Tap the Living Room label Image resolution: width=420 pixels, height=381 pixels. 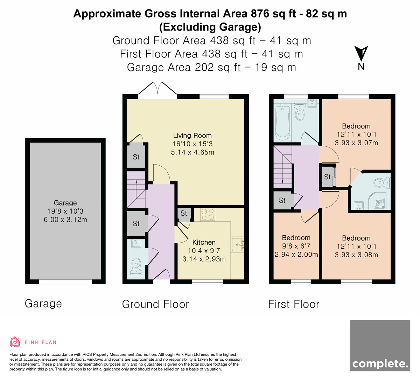click(x=192, y=136)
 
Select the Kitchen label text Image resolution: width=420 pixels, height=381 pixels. click(x=204, y=242)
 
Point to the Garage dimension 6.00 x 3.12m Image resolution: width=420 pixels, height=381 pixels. click(x=65, y=220)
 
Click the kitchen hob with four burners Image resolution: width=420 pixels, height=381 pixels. click(x=208, y=214)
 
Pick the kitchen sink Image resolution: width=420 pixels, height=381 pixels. click(x=238, y=244)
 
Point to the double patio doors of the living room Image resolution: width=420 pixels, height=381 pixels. click(x=157, y=89)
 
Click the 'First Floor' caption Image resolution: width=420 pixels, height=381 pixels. click(x=294, y=304)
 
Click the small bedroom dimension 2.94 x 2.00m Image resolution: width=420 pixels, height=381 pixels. click(x=296, y=255)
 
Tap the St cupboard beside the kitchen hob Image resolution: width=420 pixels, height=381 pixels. click(x=184, y=214)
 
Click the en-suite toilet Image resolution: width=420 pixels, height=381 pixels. click(x=381, y=183)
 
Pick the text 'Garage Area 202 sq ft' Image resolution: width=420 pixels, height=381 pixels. click(x=184, y=68)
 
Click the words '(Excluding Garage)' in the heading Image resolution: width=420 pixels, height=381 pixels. click(x=210, y=27)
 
